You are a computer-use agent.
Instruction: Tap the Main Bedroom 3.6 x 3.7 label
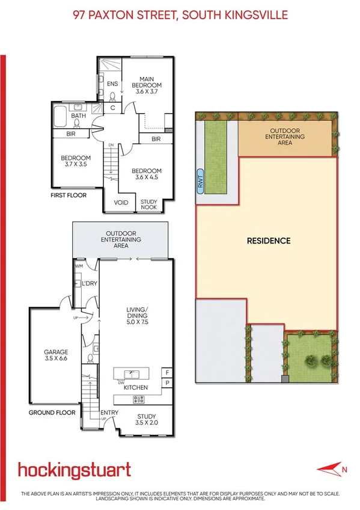(x=148, y=85)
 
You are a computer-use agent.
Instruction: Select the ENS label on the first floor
(x=112, y=84)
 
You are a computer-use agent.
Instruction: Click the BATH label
(x=78, y=115)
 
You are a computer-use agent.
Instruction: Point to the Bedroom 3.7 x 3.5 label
(x=75, y=162)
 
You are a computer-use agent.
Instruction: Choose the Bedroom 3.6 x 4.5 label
(x=148, y=174)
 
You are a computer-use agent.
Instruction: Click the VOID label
(x=121, y=203)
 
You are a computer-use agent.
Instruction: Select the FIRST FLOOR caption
(x=69, y=195)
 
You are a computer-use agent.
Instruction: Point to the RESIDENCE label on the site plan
(x=269, y=241)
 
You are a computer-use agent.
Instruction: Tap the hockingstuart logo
(x=74, y=470)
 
